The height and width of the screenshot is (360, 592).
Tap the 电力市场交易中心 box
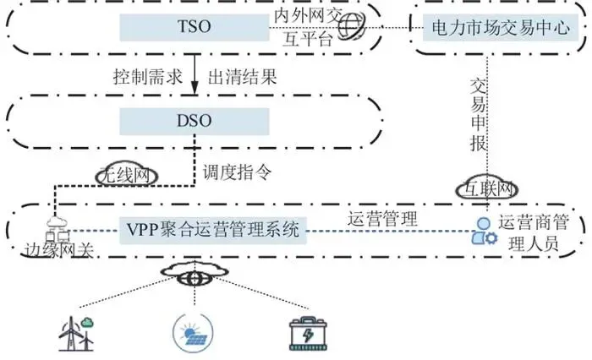point(502,29)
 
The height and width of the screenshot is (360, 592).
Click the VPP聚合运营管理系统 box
point(211,229)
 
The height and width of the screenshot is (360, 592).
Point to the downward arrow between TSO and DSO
point(195,77)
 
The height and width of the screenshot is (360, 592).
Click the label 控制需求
point(147,76)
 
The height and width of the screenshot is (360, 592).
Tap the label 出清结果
point(242,76)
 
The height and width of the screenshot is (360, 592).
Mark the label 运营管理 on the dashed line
point(383,217)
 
